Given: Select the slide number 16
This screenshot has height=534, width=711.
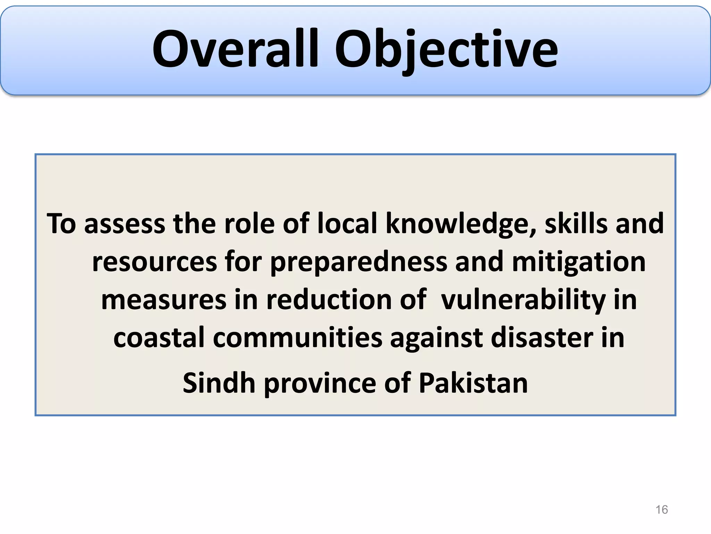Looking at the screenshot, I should click(661, 510).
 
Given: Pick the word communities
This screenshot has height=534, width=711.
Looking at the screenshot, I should click(298, 338).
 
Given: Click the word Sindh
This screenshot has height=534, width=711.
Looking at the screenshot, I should click(219, 383).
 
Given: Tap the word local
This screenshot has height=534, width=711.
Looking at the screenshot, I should click(347, 224).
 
